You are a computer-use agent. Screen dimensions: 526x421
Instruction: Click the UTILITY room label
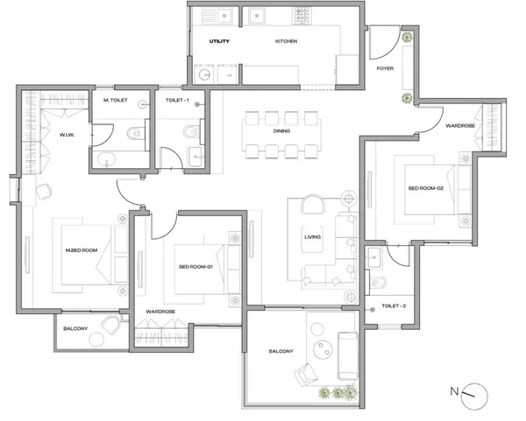click(x=219, y=41)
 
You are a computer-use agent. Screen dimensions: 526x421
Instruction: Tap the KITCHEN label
click(x=286, y=41)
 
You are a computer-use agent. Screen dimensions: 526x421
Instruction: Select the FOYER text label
click(x=385, y=68)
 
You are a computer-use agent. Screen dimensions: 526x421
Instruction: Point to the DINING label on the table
click(x=281, y=131)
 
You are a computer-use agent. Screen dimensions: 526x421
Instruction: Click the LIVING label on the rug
click(x=312, y=237)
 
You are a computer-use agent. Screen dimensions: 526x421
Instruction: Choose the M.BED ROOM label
click(x=82, y=250)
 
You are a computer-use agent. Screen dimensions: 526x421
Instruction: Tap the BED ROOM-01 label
click(x=195, y=267)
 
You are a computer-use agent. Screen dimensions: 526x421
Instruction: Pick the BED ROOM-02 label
click(x=426, y=188)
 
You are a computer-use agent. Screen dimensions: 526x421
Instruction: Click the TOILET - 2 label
click(x=394, y=305)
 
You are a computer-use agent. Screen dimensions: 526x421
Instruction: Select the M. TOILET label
click(x=116, y=100)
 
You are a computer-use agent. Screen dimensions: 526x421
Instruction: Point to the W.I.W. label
click(x=68, y=135)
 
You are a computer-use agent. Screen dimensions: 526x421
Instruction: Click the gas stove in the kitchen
click(x=302, y=16)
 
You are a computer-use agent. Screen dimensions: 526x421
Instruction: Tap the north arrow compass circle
click(x=474, y=396)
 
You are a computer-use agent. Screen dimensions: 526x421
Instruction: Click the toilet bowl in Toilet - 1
click(x=191, y=131)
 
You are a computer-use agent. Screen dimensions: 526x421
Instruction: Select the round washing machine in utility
click(x=204, y=74)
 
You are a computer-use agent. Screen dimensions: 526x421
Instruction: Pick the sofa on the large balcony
click(x=347, y=355)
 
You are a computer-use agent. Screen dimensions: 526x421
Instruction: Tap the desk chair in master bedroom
click(x=44, y=192)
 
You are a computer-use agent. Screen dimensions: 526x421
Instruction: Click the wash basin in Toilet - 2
click(x=374, y=257)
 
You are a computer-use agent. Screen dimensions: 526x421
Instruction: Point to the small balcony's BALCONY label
click(x=75, y=328)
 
